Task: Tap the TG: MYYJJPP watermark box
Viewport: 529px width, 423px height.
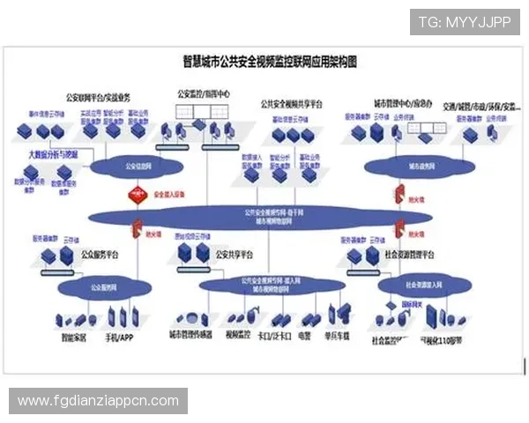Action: pyautogui.click(x=465, y=22)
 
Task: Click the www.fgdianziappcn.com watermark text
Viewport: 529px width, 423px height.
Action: pyautogui.click(x=99, y=401)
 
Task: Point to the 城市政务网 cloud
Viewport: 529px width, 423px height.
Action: pyautogui.click(x=407, y=166)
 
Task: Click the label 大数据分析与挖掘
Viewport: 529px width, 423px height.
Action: pyautogui.click(x=53, y=153)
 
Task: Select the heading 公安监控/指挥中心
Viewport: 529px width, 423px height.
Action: pyautogui.click(x=204, y=93)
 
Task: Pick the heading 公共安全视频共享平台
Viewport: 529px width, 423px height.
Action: pyautogui.click(x=292, y=103)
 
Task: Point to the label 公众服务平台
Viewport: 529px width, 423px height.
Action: pyautogui.click(x=99, y=255)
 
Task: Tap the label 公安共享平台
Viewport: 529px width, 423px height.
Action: pyautogui.click(x=235, y=255)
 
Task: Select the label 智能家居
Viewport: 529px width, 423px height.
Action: pyautogui.click(x=75, y=337)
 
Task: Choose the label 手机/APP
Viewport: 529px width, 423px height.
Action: pyautogui.click(x=120, y=337)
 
